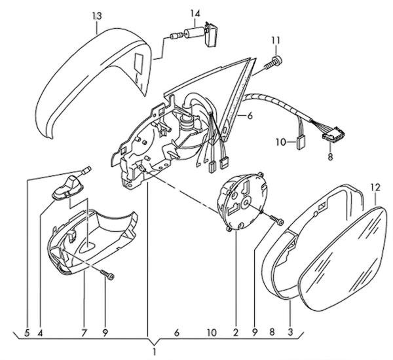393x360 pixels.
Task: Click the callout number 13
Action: (97, 16)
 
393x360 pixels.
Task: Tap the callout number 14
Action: (195, 14)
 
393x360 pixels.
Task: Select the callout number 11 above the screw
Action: (275, 41)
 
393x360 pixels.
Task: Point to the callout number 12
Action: (375, 187)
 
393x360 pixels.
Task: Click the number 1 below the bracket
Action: (155, 351)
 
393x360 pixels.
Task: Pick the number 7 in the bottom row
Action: (84, 333)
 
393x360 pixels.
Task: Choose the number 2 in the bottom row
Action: (236, 333)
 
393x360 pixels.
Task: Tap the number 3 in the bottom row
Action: (290, 333)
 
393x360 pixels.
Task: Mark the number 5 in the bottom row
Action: (27, 333)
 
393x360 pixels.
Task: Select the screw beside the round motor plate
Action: (277, 220)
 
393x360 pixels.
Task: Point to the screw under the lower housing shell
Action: (107, 274)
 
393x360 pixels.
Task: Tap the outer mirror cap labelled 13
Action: (93, 80)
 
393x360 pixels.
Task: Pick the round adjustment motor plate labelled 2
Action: (242, 200)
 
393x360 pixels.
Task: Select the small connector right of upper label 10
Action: (301, 142)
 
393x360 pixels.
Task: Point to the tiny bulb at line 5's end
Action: (86, 170)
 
